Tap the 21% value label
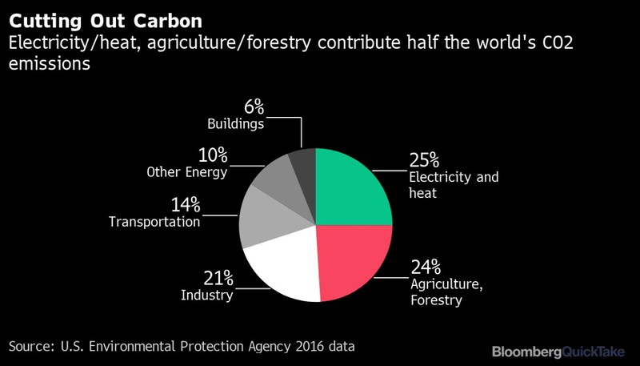218,278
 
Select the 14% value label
185,204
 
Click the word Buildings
236,124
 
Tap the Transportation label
154,222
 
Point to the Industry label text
207,296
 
